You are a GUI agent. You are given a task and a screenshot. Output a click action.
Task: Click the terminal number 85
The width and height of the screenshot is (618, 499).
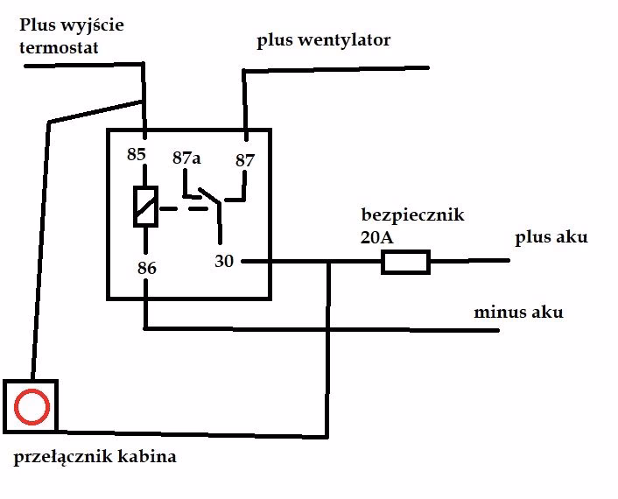click(136, 154)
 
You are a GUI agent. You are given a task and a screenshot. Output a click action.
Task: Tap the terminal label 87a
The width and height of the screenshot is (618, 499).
click(186, 158)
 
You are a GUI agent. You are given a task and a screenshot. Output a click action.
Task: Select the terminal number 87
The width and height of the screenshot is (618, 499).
click(244, 160)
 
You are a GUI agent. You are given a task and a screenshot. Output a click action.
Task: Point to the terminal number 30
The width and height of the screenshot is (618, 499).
click(224, 261)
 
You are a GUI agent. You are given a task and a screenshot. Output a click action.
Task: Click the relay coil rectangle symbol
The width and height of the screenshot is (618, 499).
click(144, 207)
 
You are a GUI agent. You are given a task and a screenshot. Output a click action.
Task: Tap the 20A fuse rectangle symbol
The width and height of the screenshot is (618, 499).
click(405, 262)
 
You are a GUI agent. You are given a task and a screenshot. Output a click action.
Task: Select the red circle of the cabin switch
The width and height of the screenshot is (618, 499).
click(32, 406)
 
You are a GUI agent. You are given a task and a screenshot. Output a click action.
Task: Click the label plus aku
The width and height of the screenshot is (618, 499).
click(551, 237)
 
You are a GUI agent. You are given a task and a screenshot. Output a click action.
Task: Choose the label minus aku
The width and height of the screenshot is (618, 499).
click(518, 312)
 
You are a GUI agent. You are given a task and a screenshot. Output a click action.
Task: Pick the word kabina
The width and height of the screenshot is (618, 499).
click(151, 456)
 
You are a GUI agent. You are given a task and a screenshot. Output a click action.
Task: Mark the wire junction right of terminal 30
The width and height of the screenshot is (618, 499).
click(329, 261)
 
